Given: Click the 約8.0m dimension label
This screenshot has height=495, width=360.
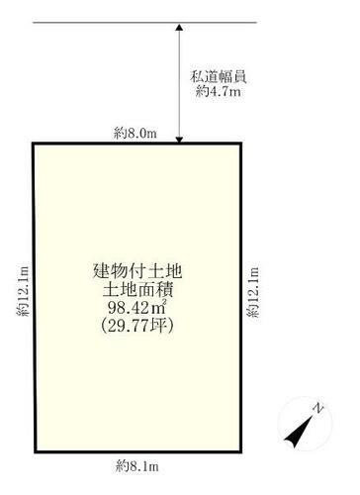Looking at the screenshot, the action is (x=135, y=134).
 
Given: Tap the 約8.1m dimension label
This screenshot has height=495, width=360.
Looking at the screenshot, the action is (x=137, y=466).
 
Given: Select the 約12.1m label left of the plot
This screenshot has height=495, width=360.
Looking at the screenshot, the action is (x=23, y=291).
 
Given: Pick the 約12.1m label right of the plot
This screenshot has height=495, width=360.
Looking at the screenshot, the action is (x=253, y=292).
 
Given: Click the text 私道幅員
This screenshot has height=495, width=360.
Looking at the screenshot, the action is (x=218, y=77).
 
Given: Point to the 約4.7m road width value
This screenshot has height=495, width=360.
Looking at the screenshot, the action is (x=218, y=91).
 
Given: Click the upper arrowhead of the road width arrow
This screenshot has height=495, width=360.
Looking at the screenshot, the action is (x=179, y=27).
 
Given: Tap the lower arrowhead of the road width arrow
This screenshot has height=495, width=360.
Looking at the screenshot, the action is (x=179, y=140).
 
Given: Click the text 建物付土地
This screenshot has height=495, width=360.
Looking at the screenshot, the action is (x=137, y=271).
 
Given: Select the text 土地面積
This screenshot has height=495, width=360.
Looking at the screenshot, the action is (x=137, y=290).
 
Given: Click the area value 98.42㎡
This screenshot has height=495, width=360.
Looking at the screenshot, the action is (x=136, y=308).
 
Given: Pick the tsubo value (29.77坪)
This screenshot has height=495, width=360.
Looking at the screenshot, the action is (x=137, y=326).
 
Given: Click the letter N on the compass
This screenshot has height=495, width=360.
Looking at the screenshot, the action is (x=317, y=408).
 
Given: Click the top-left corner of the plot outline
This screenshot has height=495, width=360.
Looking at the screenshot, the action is (x=34, y=144).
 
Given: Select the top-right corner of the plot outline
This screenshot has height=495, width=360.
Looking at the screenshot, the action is (x=240, y=144).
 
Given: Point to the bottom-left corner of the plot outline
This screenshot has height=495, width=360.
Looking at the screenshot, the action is (x=36, y=451).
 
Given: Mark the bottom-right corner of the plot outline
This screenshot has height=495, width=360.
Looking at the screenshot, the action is (x=240, y=451).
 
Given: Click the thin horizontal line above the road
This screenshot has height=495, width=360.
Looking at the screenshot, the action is (x=144, y=23).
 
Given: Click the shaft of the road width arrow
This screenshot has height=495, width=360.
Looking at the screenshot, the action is (x=179, y=83).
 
